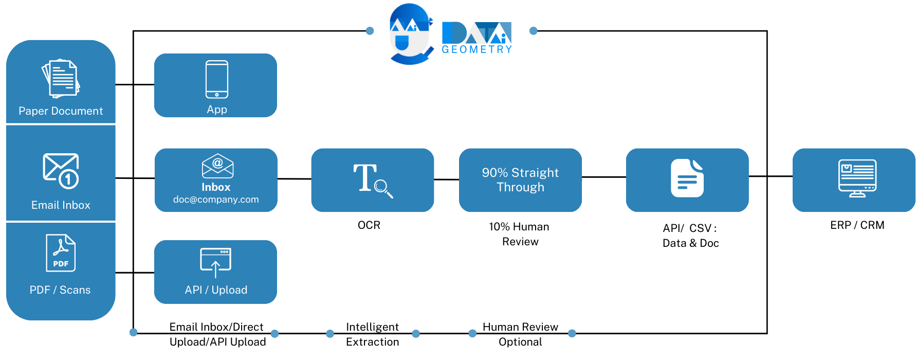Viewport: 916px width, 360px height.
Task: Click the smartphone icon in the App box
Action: click(x=216, y=79)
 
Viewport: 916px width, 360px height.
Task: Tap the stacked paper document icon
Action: click(x=61, y=78)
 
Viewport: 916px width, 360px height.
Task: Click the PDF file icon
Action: click(x=61, y=253)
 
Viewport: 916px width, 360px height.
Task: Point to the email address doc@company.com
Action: click(x=216, y=200)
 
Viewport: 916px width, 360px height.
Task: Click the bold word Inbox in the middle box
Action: click(x=216, y=187)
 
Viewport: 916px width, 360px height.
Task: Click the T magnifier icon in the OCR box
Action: click(x=373, y=180)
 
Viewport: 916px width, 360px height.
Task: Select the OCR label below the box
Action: click(x=369, y=225)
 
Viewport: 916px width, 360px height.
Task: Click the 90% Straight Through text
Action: click(x=520, y=180)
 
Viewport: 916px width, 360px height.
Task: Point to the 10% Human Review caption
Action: click(x=520, y=234)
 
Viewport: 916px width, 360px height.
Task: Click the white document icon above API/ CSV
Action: click(x=687, y=178)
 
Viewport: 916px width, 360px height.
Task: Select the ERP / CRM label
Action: click(x=857, y=225)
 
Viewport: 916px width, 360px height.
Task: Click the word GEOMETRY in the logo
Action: click(x=477, y=49)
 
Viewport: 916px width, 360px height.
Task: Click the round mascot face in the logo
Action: click(x=409, y=34)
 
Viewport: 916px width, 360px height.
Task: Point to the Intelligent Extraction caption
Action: click(x=372, y=334)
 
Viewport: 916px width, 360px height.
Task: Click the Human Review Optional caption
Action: click(x=520, y=334)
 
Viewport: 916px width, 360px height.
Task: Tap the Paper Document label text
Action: click(x=61, y=111)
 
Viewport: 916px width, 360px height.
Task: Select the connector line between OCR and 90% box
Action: click(x=446, y=179)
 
